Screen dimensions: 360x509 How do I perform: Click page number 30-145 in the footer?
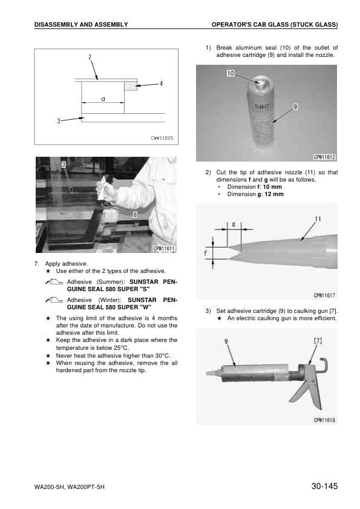(x=324, y=486)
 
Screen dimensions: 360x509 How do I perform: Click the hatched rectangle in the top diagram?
(x=131, y=85)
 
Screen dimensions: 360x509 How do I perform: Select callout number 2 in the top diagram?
(x=90, y=57)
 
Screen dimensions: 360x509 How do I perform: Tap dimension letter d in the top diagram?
(x=103, y=99)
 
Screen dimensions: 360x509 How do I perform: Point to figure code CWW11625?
(x=162, y=138)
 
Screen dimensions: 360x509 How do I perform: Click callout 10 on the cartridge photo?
(x=231, y=73)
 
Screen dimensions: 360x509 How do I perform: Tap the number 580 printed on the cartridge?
(x=261, y=106)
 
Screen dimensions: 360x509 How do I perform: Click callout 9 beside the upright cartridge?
(x=295, y=107)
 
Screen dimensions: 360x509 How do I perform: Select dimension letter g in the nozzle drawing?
(x=234, y=224)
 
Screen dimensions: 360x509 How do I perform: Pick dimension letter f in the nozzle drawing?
(x=206, y=253)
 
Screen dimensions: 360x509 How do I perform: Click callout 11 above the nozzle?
(x=318, y=219)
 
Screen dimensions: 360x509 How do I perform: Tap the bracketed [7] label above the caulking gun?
(x=318, y=341)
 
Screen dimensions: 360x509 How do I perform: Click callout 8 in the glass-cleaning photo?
(x=135, y=215)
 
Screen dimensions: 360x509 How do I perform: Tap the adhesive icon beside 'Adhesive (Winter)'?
(x=54, y=301)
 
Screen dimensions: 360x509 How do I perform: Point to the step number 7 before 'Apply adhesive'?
(x=36, y=264)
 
